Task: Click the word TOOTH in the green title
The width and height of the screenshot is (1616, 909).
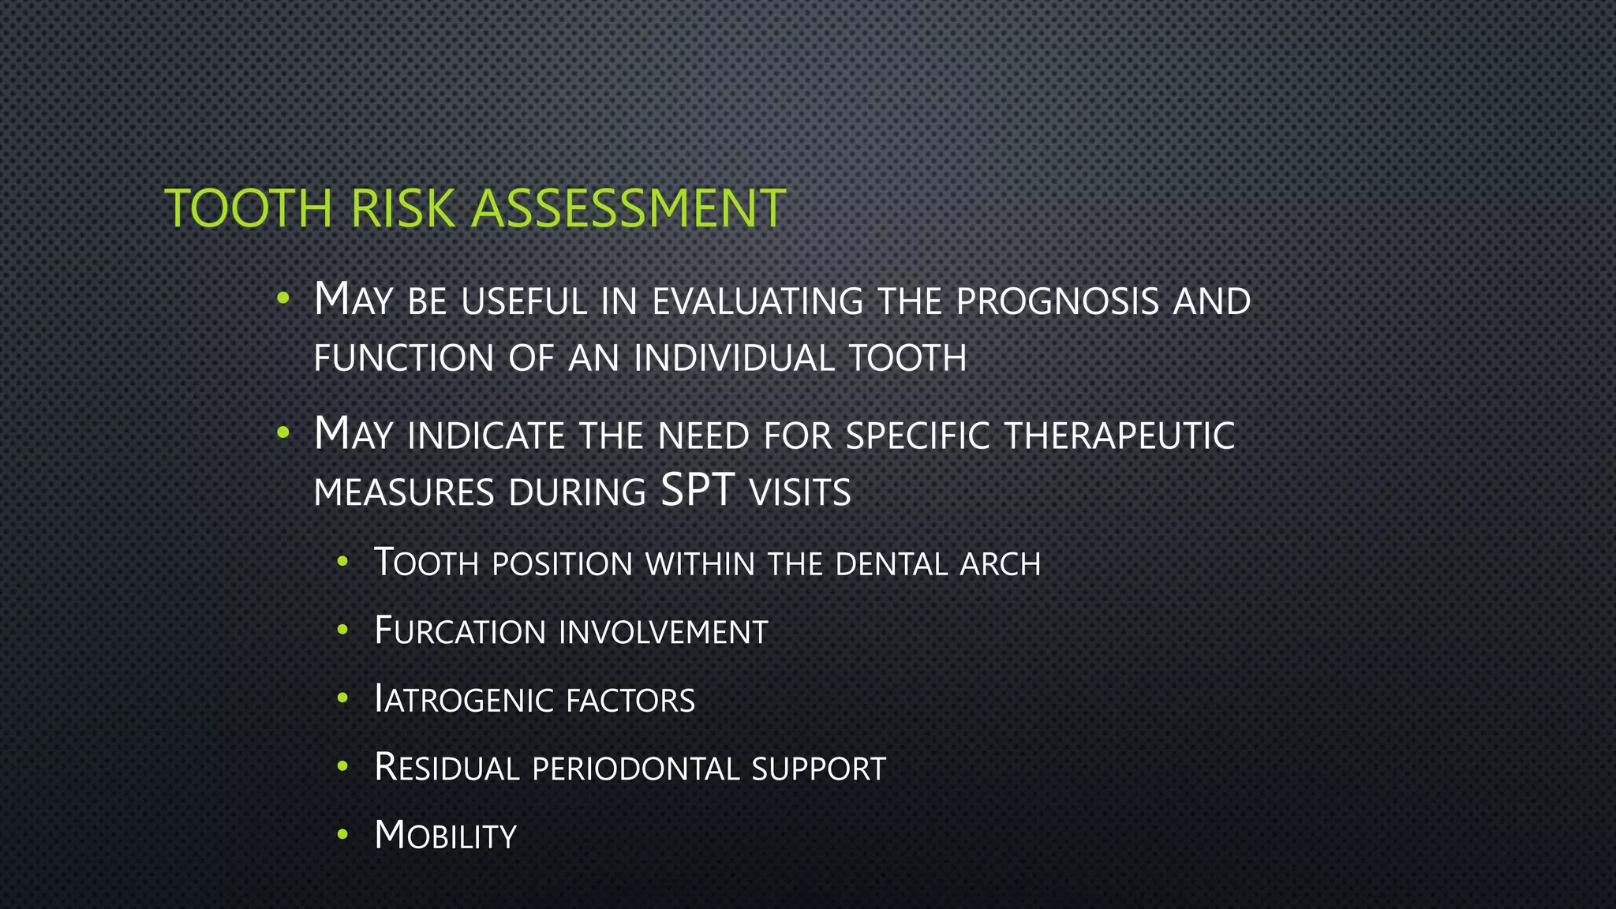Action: (249, 209)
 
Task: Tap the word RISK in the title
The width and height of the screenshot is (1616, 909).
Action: (403, 209)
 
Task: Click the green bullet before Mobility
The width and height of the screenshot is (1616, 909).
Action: (342, 835)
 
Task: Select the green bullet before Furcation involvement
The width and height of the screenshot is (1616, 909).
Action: (342, 630)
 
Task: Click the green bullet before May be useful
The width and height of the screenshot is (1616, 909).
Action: (283, 299)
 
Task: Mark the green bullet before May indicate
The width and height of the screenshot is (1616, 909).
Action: (283, 433)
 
